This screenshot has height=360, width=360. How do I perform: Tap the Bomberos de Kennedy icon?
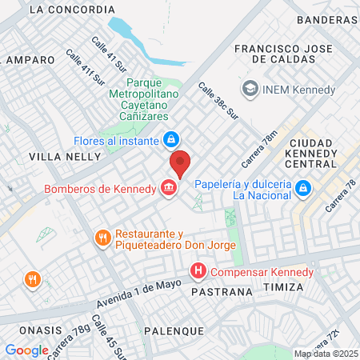tap(169, 189)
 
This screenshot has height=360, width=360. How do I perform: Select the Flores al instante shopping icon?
tap(170, 140)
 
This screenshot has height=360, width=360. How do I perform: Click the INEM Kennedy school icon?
tap(250, 89)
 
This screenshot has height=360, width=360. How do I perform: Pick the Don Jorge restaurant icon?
tap(102, 238)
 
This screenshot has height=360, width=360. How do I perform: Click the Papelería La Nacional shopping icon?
tap(303, 188)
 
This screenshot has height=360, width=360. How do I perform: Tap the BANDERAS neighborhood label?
tap(326, 19)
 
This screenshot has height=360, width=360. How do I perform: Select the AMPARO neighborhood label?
tap(30, 60)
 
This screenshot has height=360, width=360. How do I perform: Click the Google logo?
tap(26, 350)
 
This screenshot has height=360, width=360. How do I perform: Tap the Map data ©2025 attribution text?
tap(325, 354)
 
